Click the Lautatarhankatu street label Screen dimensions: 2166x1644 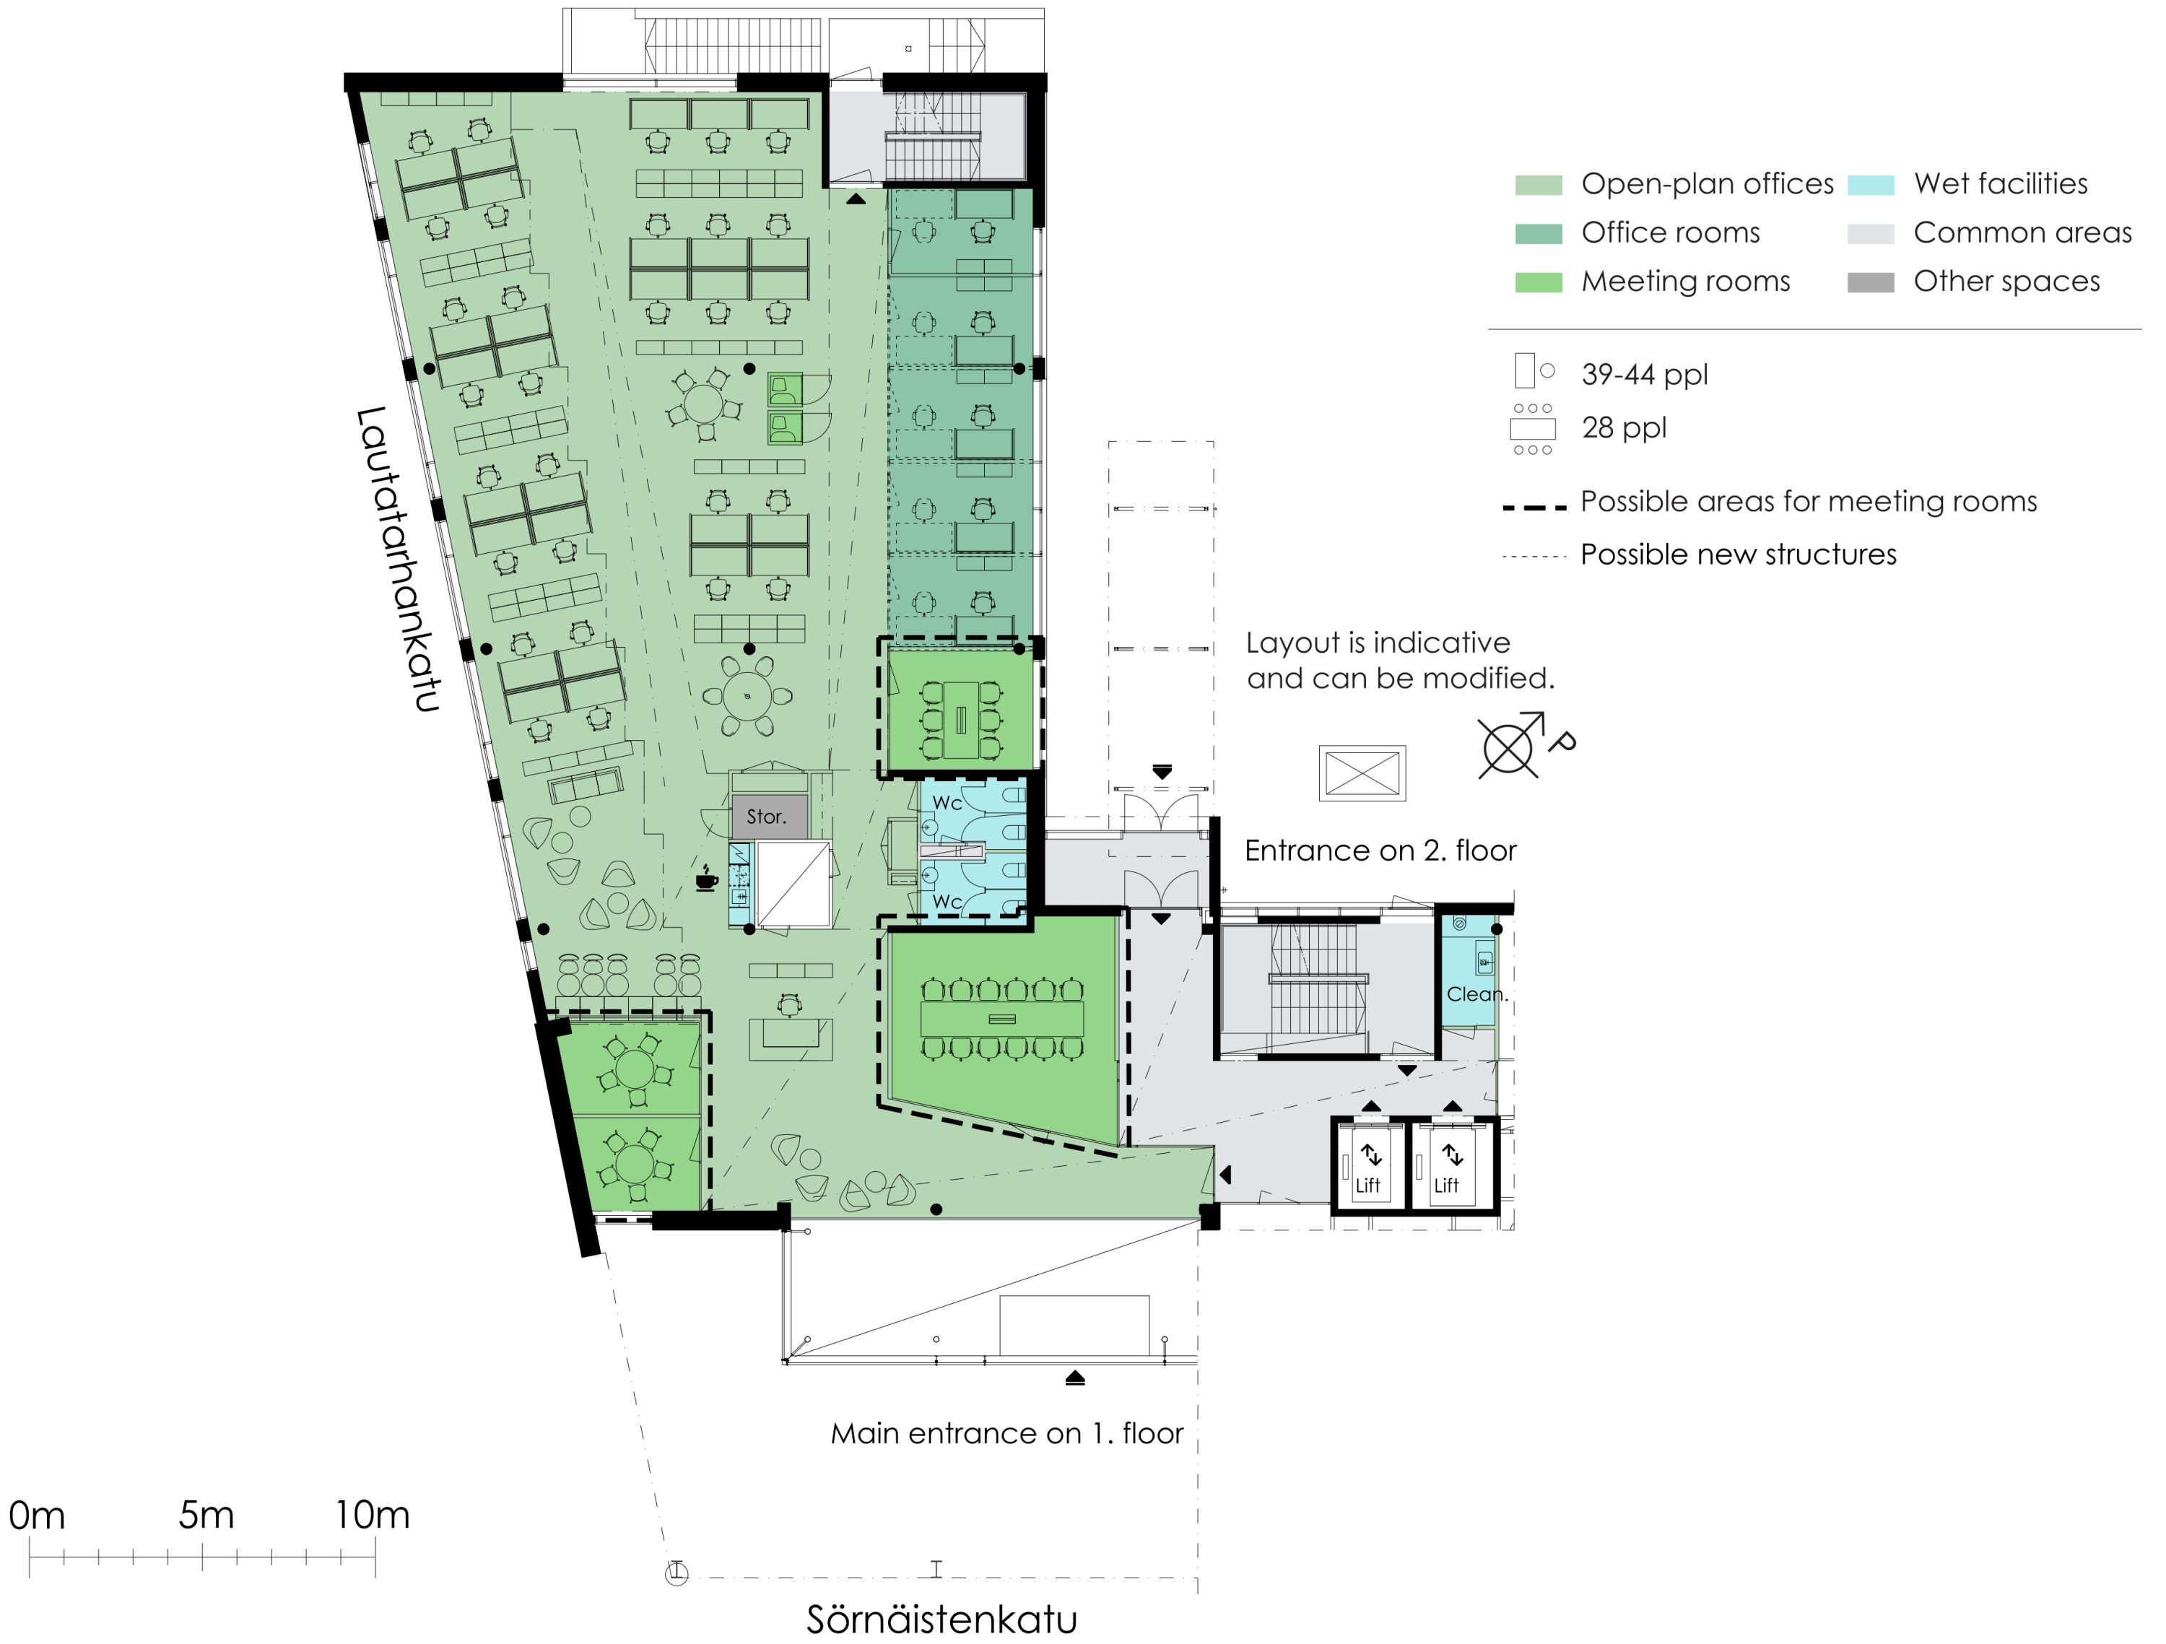pyautogui.click(x=398, y=559)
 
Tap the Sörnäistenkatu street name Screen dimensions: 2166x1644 pyautogui.click(x=942, y=1619)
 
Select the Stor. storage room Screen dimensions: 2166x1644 pyautogui.click(x=770, y=817)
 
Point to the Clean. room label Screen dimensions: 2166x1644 pyautogui.click(x=1476, y=994)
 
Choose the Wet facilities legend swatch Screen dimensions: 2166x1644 pyautogui.click(x=1870, y=185)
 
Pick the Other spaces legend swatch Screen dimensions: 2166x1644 pyautogui.click(x=1870, y=283)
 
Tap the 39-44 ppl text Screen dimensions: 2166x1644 pyautogui.click(x=1644, y=374)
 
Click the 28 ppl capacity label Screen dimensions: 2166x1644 pyautogui.click(x=1624, y=428)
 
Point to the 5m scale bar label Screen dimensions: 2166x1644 pyautogui.click(x=206, y=1515)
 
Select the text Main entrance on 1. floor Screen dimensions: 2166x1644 pyautogui.click(x=1006, y=1433)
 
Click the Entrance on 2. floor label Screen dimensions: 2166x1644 pyautogui.click(x=1380, y=850)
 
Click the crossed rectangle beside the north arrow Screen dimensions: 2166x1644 pyautogui.click(x=1362, y=773)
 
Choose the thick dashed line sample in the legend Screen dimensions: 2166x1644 pyautogui.click(x=1534, y=507)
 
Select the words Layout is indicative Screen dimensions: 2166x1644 pyautogui.click(x=1378, y=643)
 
